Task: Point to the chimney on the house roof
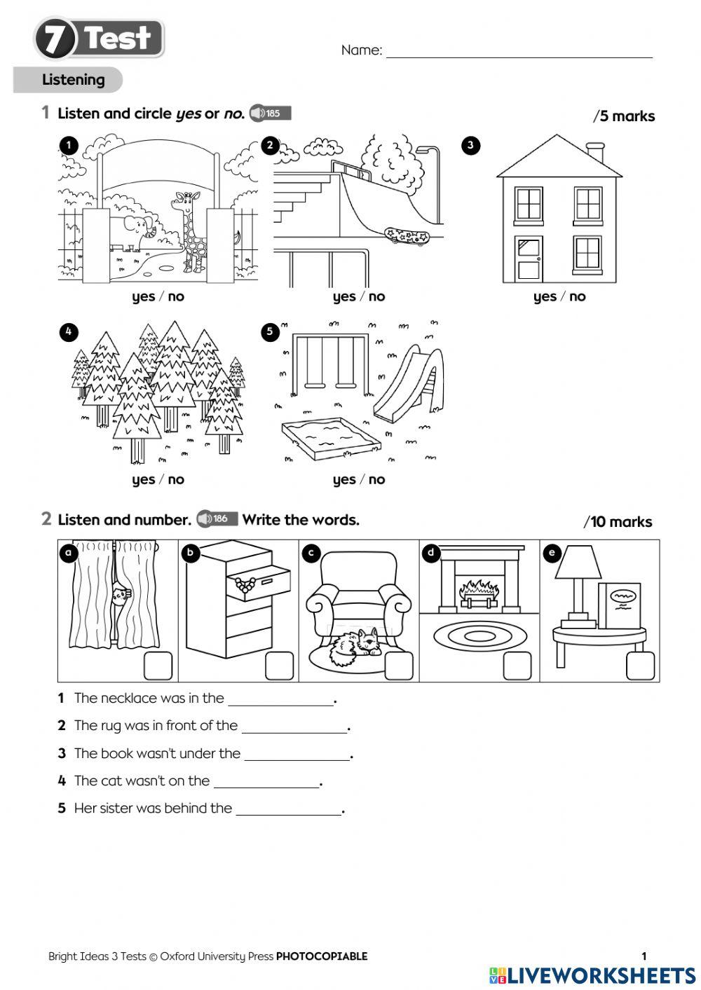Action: (595, 152)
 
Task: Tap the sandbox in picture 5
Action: (330, 438)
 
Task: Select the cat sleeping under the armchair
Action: (354, 647)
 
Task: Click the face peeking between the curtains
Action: (120, 596)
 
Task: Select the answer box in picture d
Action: (517, 666)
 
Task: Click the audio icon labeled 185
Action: (270, 113)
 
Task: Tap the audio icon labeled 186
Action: (217, 518)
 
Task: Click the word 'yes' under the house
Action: (545, 296)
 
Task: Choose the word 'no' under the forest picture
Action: (176, 479)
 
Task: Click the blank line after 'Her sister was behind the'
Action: (288, 809)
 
